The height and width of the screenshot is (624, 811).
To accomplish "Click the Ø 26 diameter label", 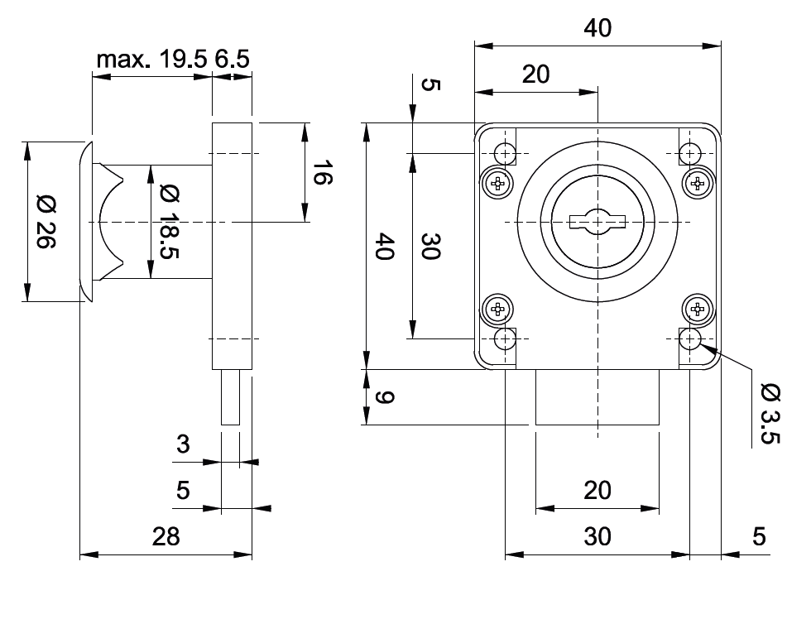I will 46,222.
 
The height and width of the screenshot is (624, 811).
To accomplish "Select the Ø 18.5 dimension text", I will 169,222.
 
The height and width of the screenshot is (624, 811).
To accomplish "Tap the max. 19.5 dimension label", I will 151,60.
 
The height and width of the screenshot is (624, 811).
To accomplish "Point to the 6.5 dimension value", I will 233,60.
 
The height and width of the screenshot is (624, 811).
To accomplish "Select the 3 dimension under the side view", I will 183,444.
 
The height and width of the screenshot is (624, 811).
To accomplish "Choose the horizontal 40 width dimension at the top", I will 597,28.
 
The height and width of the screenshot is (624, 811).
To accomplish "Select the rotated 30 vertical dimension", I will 429,247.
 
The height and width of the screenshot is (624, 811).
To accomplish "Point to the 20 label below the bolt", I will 597,491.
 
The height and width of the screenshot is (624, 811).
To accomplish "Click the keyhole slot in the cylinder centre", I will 597,221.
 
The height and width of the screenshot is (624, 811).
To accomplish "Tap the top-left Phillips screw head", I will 497,183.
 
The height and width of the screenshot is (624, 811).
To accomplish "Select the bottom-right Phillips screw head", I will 698,310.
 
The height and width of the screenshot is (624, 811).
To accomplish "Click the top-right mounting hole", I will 690,152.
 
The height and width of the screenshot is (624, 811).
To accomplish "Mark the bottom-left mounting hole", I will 505,338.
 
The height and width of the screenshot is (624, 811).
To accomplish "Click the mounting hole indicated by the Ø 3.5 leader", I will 690,338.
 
